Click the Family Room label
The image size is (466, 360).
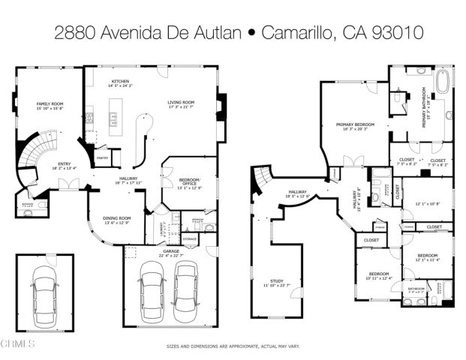49,103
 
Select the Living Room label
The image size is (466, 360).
181,101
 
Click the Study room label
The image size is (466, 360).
276,280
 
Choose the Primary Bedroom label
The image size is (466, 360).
355,124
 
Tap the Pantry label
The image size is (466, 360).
104,157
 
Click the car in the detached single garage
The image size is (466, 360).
45,290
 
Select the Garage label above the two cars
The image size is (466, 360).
171,252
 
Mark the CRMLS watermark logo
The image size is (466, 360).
18,344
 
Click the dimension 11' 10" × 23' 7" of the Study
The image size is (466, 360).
276,286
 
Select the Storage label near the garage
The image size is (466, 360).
190,239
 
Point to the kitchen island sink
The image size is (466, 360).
114,117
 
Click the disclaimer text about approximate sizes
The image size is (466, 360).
232,346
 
